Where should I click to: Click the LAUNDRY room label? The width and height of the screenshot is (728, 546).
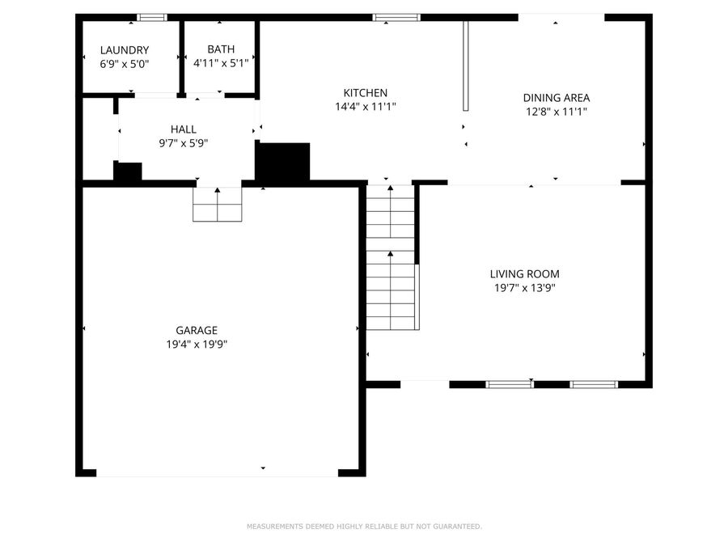[124, 50]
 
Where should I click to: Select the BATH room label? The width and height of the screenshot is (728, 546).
[220, 50]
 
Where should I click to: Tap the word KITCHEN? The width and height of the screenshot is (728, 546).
[365, 93]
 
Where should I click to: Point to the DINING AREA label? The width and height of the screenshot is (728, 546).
[555, 98]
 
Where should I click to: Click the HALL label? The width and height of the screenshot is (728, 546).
[183, 129]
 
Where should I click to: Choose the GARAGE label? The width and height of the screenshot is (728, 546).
[197, 330]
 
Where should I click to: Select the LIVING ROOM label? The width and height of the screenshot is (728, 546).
[524, 274]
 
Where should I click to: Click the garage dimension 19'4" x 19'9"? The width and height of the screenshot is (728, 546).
[197, 344]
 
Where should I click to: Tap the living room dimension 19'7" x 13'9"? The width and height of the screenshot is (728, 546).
[524, 288]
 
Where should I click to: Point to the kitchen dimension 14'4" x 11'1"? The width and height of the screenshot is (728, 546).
[365, 107]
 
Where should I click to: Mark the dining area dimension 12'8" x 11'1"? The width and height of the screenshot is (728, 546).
[555, 112]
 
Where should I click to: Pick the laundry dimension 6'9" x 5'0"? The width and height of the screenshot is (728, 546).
[124, 63]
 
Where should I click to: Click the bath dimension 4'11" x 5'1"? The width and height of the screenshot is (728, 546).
[220, 63]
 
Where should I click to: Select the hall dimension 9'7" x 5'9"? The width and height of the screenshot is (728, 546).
[183, 142]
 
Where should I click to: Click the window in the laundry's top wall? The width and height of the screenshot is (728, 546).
[151, 17]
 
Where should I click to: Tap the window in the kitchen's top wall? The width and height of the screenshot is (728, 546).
[396, 17]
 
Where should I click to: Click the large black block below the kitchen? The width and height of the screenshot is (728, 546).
[283, 162]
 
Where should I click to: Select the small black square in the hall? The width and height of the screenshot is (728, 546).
[128, 171]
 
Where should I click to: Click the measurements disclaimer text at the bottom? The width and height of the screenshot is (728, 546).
[364, 527]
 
